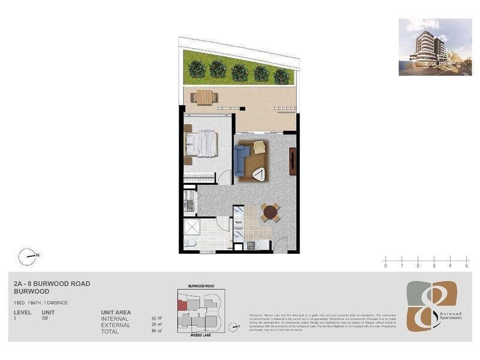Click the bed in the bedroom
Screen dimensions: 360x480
(202, 144)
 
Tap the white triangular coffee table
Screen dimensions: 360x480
(260, 175)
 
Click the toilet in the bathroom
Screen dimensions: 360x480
(190, 243)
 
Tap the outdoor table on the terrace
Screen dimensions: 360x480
(205, 97)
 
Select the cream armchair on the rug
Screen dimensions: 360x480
(259, 148)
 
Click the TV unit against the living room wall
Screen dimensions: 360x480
(292, 161)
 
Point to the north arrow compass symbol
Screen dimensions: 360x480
(27, 257)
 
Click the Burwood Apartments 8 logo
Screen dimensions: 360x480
(432, 305)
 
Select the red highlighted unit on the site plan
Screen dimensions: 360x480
(182, 304)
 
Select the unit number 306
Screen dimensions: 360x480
(46, 318)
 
